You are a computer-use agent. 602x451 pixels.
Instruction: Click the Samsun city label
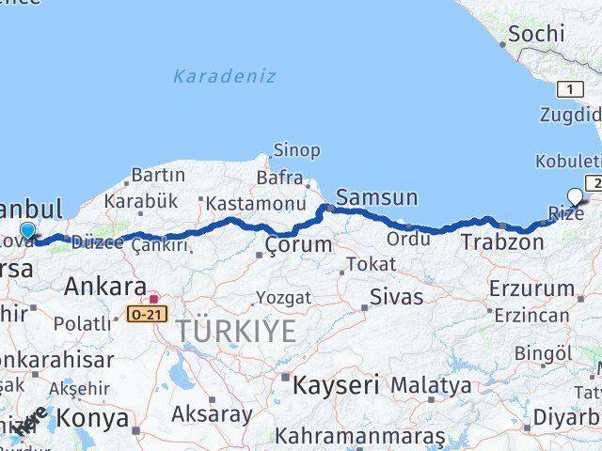coord(376,197)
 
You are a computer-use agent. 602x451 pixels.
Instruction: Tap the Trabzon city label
coord(502,242)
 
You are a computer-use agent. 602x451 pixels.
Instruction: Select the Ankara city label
coord(104,287)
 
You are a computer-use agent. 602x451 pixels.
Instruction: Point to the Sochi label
coord(536,35)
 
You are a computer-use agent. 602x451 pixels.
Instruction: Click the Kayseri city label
coord(335,384)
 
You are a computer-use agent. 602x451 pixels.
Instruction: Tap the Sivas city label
coord(396,297)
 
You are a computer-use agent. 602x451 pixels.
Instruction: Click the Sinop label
coord(296,150)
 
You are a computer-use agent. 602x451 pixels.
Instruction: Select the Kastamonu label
coord(257,203)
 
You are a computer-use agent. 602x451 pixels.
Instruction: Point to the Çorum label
coord(298,245)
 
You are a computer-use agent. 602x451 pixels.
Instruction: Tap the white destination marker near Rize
coord(575,196)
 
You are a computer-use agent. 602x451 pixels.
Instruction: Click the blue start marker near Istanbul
coord(27,229)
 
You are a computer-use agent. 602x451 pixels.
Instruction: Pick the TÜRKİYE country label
coord(233,331)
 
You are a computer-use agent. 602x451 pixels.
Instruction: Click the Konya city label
coord(92,418)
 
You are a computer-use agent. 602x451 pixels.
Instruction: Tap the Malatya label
coord(431,385)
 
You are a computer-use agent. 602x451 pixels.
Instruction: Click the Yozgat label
coord(283,298)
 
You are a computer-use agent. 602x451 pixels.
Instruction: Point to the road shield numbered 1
coord(570,89)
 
